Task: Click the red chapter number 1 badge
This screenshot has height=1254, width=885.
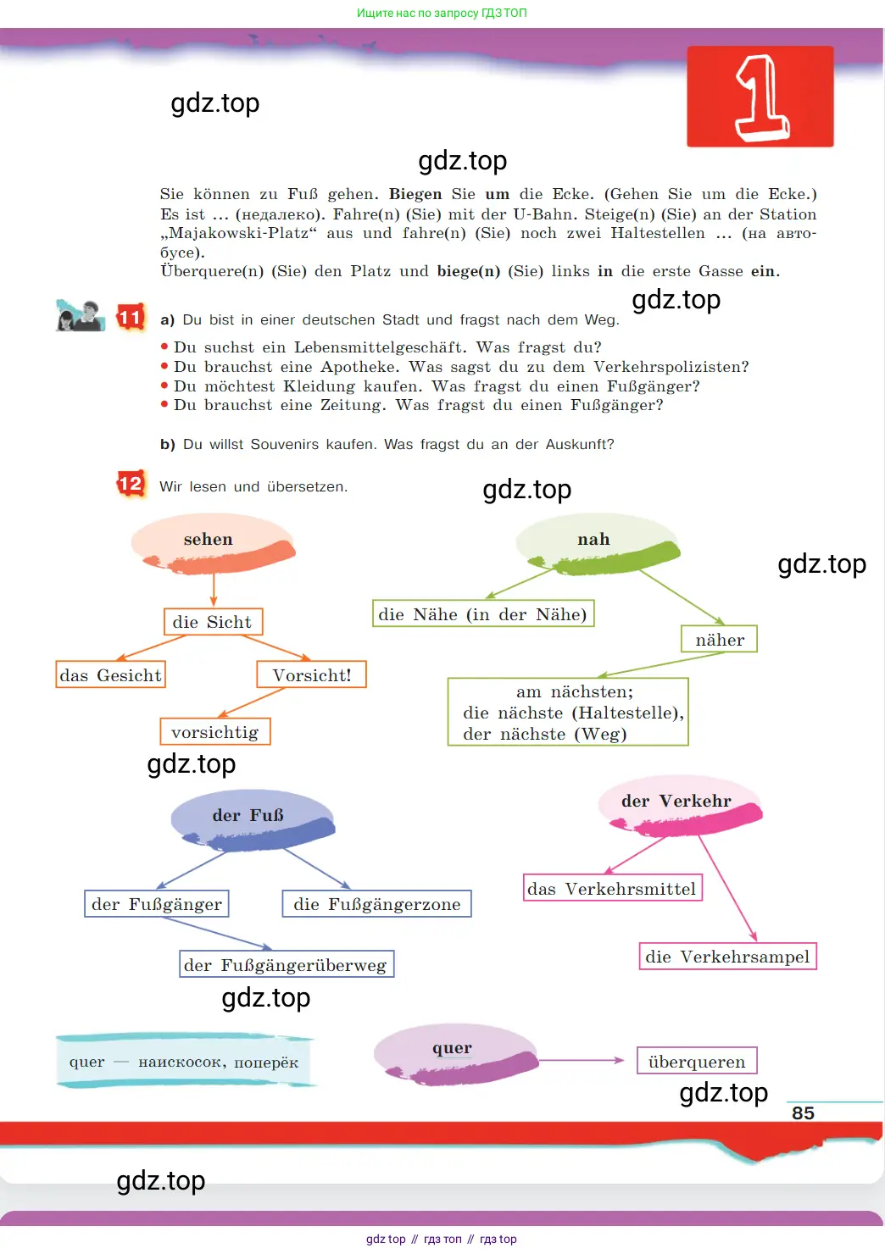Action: (x=760, y=97)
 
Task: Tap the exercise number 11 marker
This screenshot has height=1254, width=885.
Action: (x=131, y=318)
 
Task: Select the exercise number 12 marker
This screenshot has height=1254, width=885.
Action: (x=131, y=483)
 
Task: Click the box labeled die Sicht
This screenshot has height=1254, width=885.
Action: (x=213, y=621)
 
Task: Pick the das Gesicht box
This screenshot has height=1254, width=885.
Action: (x=110, y=674)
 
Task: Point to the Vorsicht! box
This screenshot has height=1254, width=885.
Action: (x=311, y=674)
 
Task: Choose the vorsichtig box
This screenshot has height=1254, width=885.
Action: (x=215, y=731)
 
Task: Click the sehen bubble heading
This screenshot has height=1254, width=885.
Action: (x=213, y=543)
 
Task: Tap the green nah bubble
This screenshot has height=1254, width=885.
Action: (x=597, y=543)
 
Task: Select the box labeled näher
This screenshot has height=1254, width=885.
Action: (x=719, y=639)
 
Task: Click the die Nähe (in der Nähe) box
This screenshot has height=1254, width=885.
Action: (x=483, y=613)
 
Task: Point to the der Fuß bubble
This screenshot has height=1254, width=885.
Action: (x=253, y=820)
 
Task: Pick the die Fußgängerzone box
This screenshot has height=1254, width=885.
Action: (x=377, y=903)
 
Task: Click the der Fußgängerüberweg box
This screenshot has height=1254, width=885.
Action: (x=287, y=964)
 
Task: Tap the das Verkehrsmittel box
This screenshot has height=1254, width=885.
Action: (x=612, y=888)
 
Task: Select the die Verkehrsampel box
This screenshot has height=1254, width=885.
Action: (x=727, y=956)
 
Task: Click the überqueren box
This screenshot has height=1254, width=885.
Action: (x=697, y=1061)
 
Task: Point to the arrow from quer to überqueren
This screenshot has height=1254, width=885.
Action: (x=582, y=1060)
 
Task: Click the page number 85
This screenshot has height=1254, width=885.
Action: (x=803, y=1113)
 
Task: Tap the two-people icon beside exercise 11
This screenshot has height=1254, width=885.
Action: (x=80, y=316)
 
